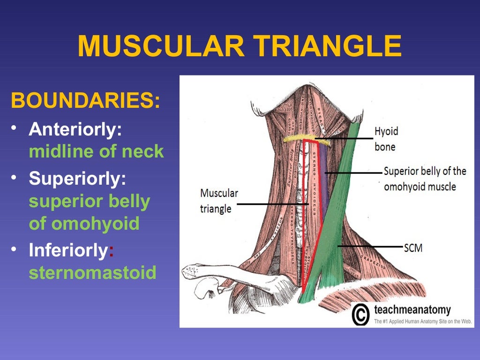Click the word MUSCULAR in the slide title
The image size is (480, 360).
click(159, 45)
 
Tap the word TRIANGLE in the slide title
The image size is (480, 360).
click(324, 45)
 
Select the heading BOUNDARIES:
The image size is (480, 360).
click(85, 101)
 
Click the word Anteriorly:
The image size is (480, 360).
click(75, 130)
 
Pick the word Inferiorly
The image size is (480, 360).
click(68, 250)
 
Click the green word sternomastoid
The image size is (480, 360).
click(92, 273)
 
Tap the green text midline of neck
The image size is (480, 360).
click(96, 151)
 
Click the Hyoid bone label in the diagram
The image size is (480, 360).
click(386, 139)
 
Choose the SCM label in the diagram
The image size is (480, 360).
click(413, 247)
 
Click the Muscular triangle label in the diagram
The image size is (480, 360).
click(219, 201)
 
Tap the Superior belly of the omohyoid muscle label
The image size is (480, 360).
click(425, 179)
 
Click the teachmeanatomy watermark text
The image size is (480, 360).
click(412, 310)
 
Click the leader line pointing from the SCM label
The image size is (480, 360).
click(370, 246)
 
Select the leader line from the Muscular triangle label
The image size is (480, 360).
click(272, 204)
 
